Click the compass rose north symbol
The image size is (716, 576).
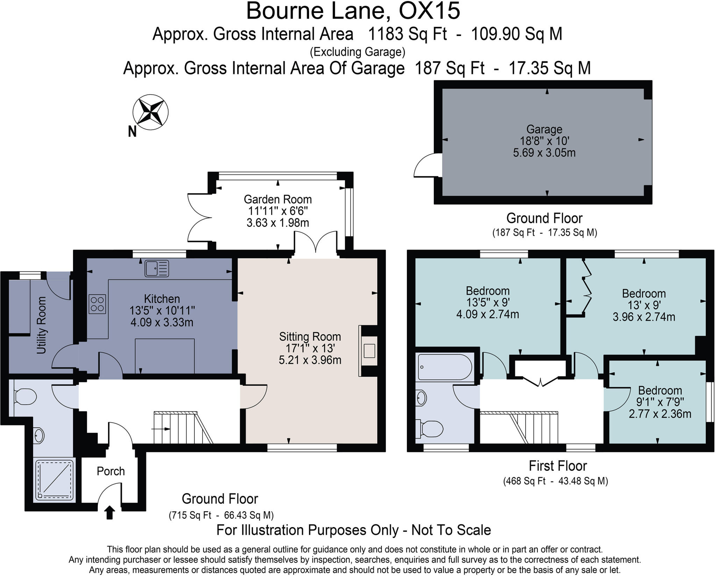tap(150, 112)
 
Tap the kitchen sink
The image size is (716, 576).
tap(157, 268)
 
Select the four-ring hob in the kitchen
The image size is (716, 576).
tap(97, 304)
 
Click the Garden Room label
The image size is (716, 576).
tap(278, 199)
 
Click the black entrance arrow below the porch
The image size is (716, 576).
tap(110, 512)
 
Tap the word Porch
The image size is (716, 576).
tap(111, 471)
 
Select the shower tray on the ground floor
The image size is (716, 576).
tap(55, 480)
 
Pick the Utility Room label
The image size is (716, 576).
tap(41, 325)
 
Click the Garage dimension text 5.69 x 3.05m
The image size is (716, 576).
tap(544, 153)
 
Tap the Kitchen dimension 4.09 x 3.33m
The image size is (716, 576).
tap(162, 322)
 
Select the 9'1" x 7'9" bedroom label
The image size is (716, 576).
tap(660, 402)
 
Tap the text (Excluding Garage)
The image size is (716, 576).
tap(358, 52)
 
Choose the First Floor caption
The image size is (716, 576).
tap(557, 466)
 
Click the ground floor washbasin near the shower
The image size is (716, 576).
tap(39, 435)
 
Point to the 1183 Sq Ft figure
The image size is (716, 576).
tap(408, 34)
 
